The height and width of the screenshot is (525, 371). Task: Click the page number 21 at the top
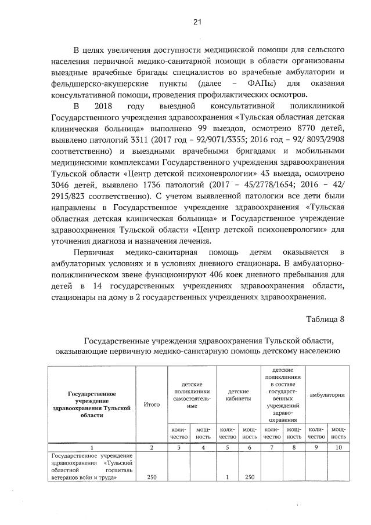coord(196,23)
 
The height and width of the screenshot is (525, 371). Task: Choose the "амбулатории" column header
coord(327,394)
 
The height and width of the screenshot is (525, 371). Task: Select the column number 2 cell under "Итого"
coord(151,447)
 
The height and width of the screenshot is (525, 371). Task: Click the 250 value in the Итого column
coord(151,477)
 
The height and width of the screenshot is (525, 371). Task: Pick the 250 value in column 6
coord(250,477)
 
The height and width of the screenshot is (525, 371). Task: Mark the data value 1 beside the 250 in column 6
coord(228,477)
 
